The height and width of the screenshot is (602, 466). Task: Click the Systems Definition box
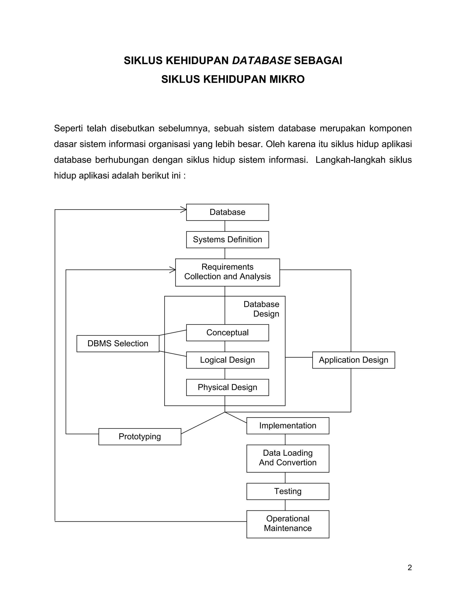[x=228, y=239]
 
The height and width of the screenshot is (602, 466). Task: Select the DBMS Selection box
[x=118, y=343]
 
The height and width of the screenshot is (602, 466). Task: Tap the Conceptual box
[x=228, y=333]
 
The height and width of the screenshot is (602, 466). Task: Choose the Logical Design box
[x=228, y=360]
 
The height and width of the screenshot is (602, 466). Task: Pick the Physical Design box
[x=228, y=387]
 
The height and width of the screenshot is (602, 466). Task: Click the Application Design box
[x=353, y=360]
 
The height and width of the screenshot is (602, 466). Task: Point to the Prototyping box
[x=140, y=437]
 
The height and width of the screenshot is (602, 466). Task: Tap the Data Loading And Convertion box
[x=288, y=458]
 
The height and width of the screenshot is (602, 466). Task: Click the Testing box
[x=288, y=491]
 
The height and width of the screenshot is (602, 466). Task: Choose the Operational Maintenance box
[x=288, y=524]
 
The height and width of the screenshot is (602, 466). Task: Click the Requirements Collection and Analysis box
[x=228, y=272]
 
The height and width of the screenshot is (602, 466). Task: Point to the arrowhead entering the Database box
[x=184, y=210]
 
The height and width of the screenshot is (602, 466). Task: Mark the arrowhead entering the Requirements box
[x=173, y=270]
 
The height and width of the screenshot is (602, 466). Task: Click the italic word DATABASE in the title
[x=261, y=61]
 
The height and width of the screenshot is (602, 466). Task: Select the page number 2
[x=410, y=567]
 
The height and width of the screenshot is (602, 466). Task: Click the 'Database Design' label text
[x=261, y=309]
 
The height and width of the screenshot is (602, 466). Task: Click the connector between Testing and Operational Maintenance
[x=285, y=505]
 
